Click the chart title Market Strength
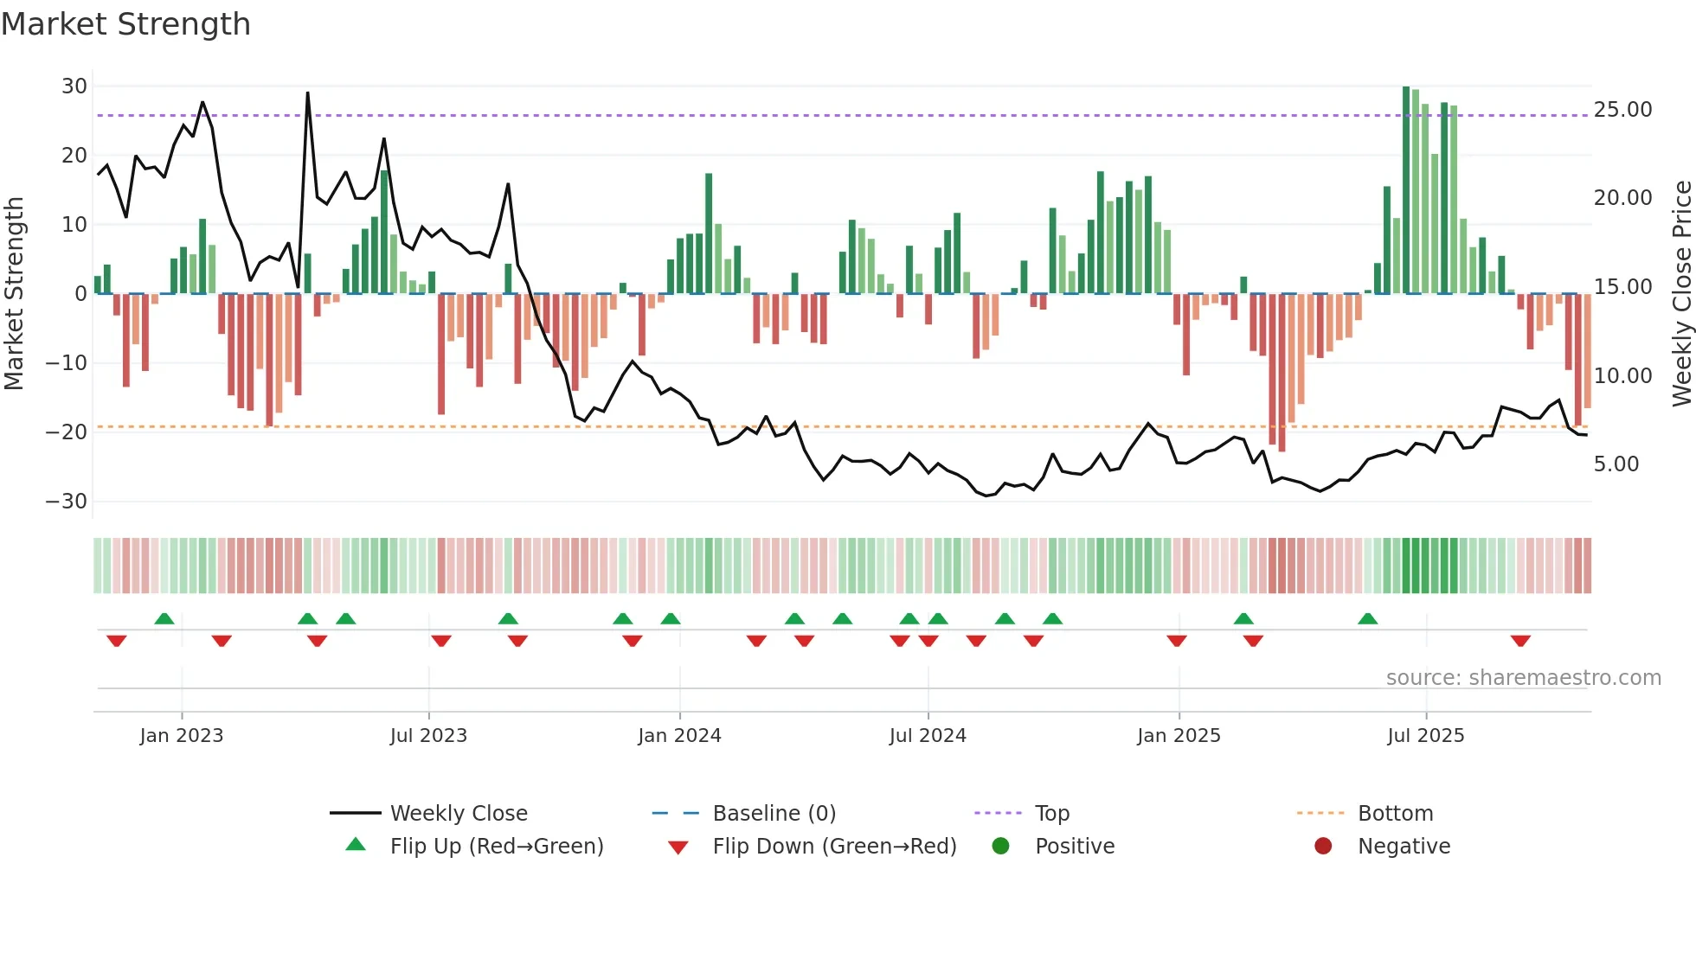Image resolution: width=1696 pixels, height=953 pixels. (125, 24)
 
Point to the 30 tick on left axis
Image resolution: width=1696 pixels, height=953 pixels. (74, 86)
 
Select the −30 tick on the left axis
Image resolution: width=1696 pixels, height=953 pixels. (67, 502)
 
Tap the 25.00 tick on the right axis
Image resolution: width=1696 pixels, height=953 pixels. (1622, 110)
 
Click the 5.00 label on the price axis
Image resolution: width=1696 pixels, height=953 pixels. (1616, 464)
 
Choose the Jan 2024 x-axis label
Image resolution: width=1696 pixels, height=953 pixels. (679, 736)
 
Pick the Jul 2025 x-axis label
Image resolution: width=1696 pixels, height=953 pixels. (1425, 736)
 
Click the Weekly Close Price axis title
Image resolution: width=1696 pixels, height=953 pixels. (1681, 293)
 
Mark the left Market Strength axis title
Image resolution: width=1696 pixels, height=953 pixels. (14, 293)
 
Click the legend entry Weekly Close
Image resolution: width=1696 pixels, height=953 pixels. (458, 814)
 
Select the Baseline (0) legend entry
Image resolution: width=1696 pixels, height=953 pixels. (774, 814)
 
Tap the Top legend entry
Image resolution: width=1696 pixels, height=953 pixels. (1051, 814)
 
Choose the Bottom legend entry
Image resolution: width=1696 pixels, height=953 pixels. (1395, 814)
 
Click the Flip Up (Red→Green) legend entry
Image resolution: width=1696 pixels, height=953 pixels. (496, 847)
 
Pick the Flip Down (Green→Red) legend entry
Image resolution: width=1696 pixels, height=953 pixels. (834, 847)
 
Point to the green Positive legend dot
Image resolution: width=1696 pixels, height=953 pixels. (1001, 847)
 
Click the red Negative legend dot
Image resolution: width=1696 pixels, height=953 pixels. (1323, 847)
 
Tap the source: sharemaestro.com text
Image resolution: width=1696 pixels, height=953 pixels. (1523, 678)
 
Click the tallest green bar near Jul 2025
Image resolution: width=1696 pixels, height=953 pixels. (1406, 190)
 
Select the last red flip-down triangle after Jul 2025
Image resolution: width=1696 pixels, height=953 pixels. (1520, 641)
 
